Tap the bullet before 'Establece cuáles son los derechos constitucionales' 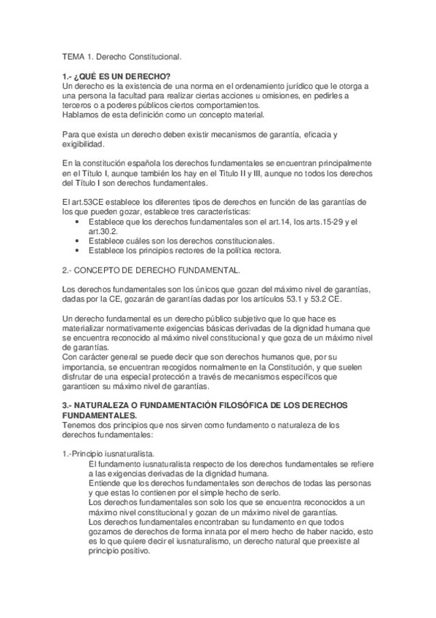click(79, 240)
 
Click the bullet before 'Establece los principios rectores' click(79, 250)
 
